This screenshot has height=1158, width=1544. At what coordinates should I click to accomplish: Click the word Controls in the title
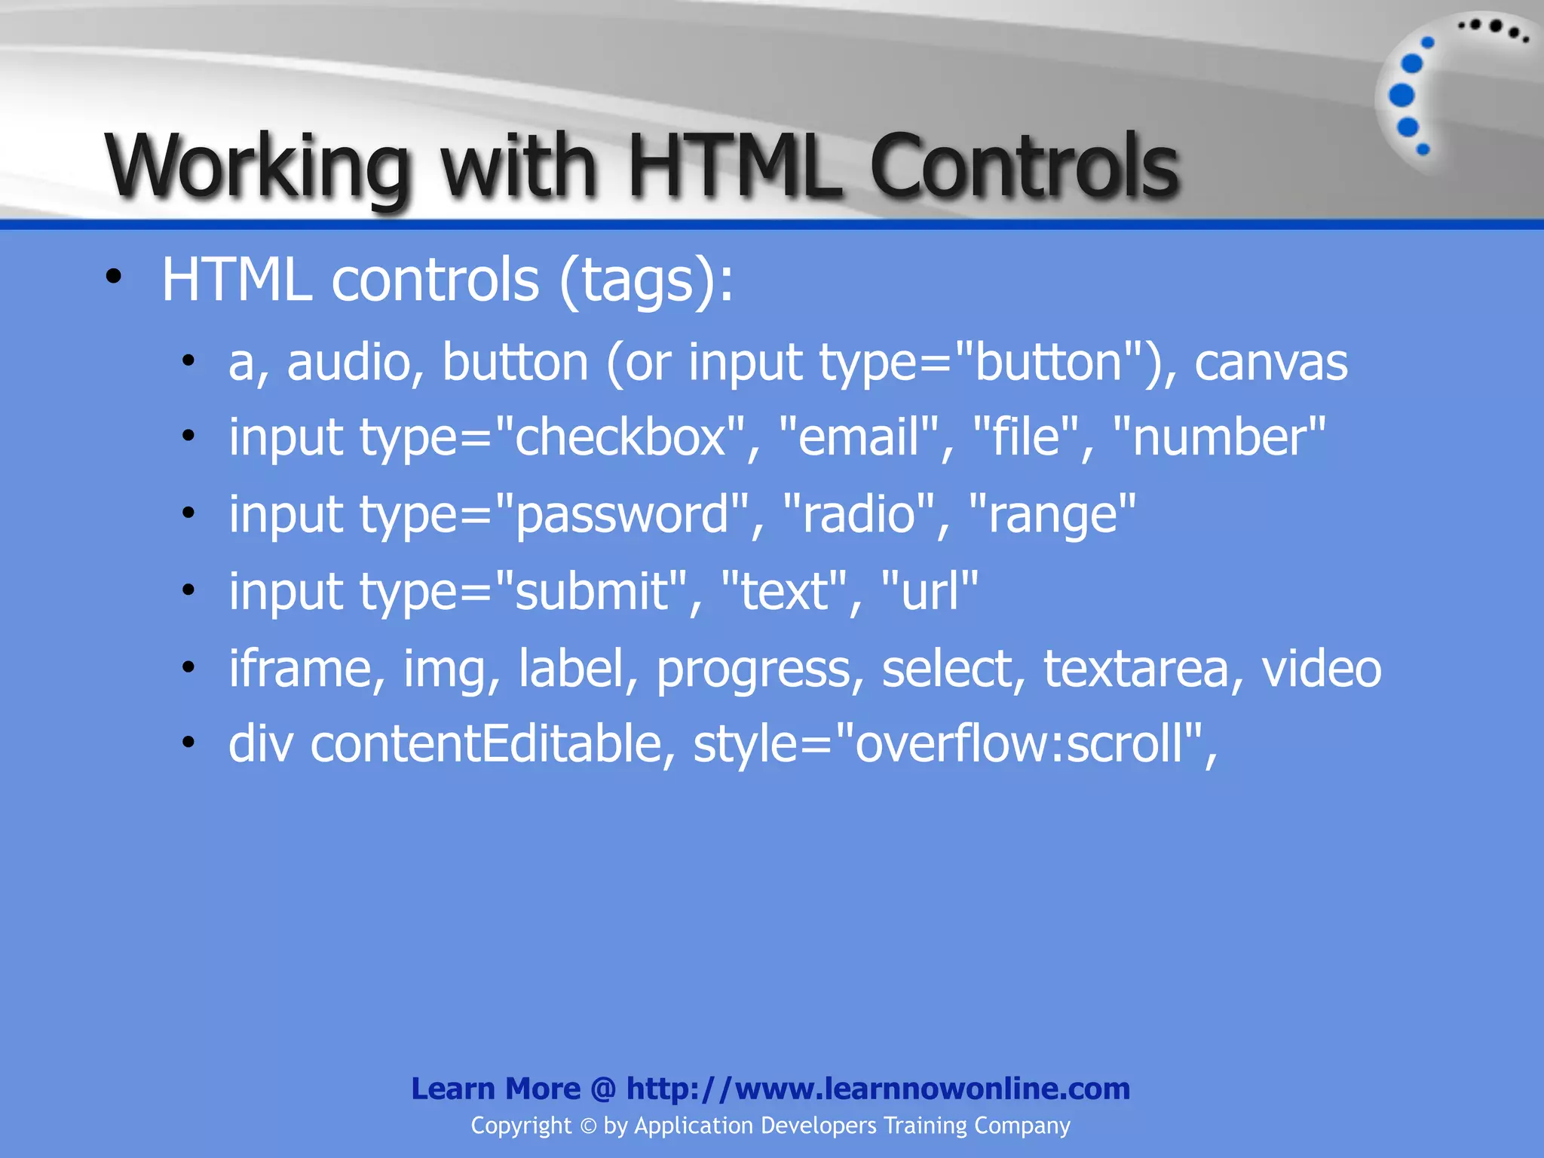point(1024,166)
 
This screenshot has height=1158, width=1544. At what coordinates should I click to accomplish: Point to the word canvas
point(1271,363)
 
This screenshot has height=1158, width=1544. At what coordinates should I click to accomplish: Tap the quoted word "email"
point(859,437)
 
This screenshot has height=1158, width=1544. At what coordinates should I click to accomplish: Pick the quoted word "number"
point(1219,437)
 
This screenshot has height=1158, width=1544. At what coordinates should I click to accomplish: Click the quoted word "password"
point(623,516)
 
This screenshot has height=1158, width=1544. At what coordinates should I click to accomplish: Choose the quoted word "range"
point(1052,516)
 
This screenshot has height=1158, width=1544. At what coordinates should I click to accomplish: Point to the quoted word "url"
point(930,591)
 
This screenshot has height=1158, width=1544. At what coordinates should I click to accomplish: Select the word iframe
point(300,669)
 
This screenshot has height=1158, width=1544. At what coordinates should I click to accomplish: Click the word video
point(1322,669)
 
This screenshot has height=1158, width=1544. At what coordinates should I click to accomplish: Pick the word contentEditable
point(486,744)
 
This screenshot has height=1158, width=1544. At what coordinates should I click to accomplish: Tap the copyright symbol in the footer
point(588,1126)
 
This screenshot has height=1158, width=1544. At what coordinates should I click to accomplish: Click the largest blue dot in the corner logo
point(1402,96)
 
